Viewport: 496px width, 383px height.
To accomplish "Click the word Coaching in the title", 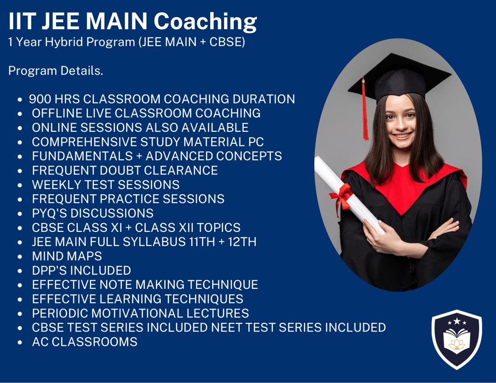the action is (x=205, y=22).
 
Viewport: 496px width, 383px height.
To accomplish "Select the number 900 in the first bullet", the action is (x=40, y=99).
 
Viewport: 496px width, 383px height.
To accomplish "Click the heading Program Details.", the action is (x=56, y=71).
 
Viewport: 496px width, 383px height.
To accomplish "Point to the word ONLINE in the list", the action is (x=54, y=128).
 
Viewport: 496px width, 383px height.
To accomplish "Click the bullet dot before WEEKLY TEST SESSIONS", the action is (x=20, y=186).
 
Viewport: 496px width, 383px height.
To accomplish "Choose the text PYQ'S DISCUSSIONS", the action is (x=93, y=213).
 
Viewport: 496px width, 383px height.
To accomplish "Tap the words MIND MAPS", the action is (x=67, y=256).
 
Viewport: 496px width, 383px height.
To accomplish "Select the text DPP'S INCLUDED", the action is (x=82, y=270).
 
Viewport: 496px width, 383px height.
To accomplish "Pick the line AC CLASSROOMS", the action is (x=85, y=342).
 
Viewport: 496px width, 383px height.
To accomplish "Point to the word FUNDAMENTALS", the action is (x=82, y=156).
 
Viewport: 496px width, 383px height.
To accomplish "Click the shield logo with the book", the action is (x=457, y=339).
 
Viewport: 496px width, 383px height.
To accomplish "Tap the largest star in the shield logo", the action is (x=457, y=321).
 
